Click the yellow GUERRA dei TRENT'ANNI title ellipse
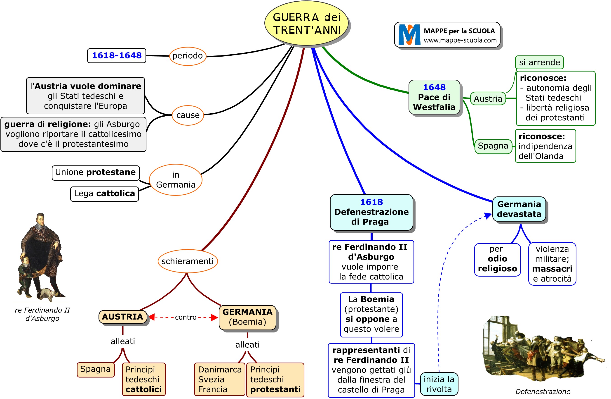point(307,24)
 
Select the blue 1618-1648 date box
point(117,55)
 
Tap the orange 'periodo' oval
point(188,56)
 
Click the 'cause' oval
point(188,115)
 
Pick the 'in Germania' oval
point(176,180)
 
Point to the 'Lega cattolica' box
point(104,194)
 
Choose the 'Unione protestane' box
point(96,172)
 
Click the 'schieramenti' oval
point(188,261)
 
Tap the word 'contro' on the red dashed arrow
point(186,318)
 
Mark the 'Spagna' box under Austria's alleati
point(96,370)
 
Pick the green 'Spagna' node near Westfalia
point(493,146)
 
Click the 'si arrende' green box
point(539,62)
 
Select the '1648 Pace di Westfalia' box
point(434,97)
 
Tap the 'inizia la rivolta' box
point(439,384)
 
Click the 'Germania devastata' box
point(519,209)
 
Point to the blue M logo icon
point(409,35)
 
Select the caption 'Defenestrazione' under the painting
point(543,392)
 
